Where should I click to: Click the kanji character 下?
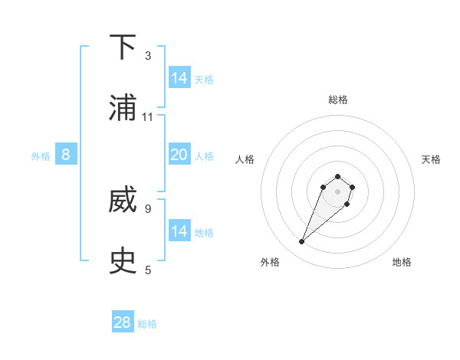click(x=123, y=47)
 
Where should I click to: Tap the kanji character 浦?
click(x=123, y=109)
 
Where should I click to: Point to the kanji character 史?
click(x=123, y=261)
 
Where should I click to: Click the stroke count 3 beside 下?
click(x=148, y=56)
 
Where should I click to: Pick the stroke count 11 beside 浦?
click(x=148, y=117)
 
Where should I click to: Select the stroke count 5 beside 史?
click(x=148, y=270)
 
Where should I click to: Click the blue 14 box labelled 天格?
click(x=179, y=78)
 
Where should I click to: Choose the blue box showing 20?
click(x=179, y=155)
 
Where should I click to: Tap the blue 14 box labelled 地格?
click(x=179, y=231)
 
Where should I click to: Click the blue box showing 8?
click(x=66, y=155)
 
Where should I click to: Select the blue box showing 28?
click(x=123, y=322)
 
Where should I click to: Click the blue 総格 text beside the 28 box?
click(x=147, y=324)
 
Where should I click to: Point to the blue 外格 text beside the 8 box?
click(x=41, y=156)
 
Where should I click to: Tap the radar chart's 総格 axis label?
click(x=338, y=100)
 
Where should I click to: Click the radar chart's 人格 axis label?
click(x=245, y=159)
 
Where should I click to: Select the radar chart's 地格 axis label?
click(x=402, y=262)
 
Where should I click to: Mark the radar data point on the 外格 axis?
click(x=302, y=242)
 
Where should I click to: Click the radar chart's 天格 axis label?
click(x=431, y=159)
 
